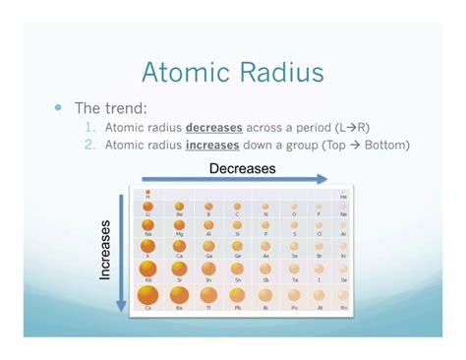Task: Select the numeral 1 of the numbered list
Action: (x=88, y=127)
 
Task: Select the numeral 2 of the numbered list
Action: (x=88, y=145)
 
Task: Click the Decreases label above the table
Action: (x=242, y=168)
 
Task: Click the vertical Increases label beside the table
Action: (x=106, y=250)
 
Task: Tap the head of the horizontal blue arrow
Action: (x=323, y=179)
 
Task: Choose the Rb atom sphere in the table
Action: (x=148, y=268)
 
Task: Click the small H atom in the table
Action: (x=147, y=193)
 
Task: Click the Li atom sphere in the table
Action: (x=147, y=208)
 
